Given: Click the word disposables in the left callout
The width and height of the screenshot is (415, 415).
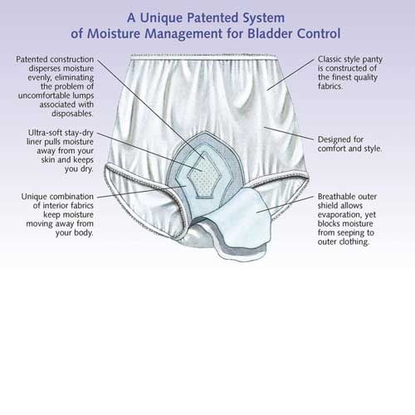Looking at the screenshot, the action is [72, 114].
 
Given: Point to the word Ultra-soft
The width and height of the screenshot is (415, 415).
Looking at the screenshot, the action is [46, 133].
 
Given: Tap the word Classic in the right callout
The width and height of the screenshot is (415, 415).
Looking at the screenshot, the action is [330, 59].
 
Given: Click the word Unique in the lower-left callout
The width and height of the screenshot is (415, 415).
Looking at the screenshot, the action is [33, 197].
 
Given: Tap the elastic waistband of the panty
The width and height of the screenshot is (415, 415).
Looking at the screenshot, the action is [204, 57].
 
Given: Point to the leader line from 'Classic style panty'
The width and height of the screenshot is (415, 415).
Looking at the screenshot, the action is [290, 75].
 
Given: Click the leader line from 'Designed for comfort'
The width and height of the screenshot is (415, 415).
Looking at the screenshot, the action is [289, 134].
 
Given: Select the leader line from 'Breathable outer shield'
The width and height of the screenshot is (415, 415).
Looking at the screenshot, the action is [285, 204].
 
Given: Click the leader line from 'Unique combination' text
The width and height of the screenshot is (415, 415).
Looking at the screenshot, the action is [142, 192].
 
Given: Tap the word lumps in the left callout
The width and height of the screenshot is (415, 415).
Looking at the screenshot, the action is [83, 95].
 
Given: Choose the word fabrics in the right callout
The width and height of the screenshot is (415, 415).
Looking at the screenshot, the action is [330, 86].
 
